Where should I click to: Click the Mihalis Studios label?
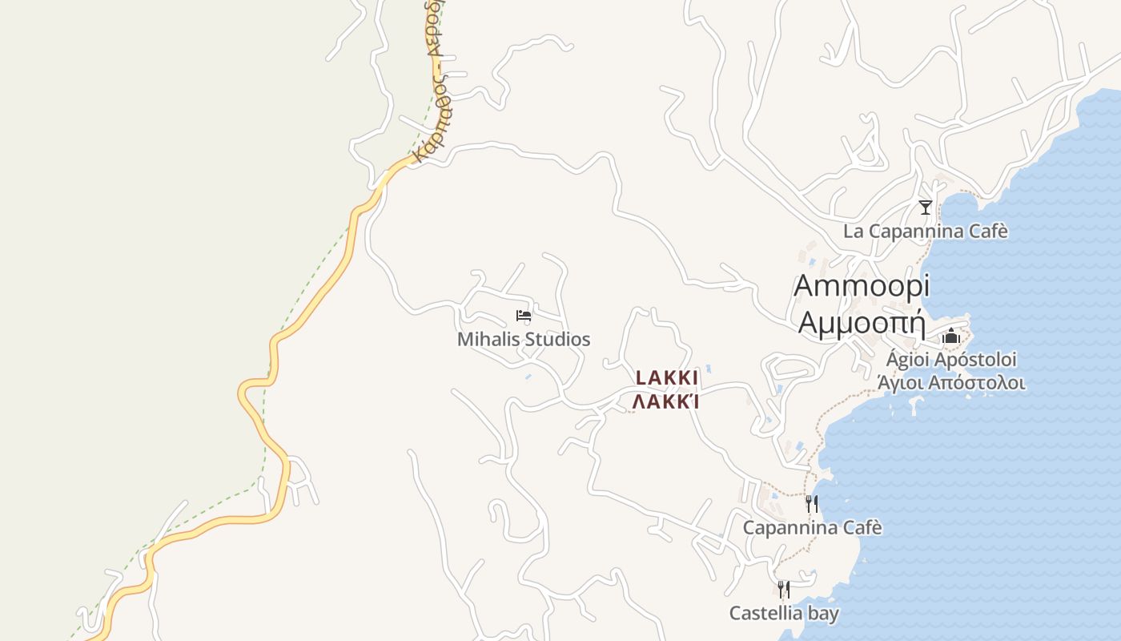coord(524,340)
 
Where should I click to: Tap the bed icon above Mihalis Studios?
coord(524,316)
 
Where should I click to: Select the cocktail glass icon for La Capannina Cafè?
coord(926,208)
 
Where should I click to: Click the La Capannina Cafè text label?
coord(925,232)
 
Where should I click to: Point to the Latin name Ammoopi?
coord(862,286)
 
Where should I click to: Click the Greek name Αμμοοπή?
coord(862,322)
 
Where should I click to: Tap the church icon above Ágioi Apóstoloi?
coord(950,337)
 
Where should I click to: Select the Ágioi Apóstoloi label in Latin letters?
coord(951,359)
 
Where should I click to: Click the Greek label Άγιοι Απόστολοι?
coord(951,382)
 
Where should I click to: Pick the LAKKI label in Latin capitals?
coord(667,377)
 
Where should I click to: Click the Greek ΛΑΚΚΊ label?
coord(666,401)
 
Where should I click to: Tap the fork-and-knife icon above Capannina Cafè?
coord(812,503)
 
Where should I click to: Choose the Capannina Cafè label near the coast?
coord(812,528)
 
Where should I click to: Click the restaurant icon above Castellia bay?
coord(784,590)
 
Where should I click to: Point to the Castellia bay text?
coord(784,614)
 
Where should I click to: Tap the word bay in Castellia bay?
coord(823,614)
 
